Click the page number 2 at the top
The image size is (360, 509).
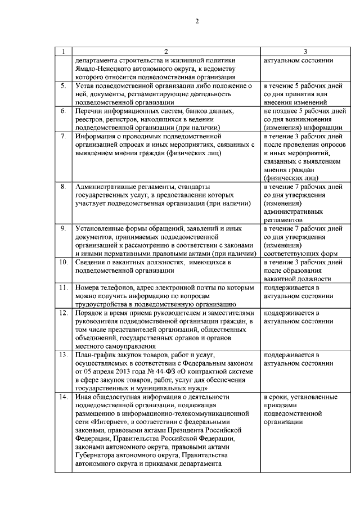click(197, 22)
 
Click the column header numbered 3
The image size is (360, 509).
click(304, 52)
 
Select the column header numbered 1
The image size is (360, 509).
click(64, 52)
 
